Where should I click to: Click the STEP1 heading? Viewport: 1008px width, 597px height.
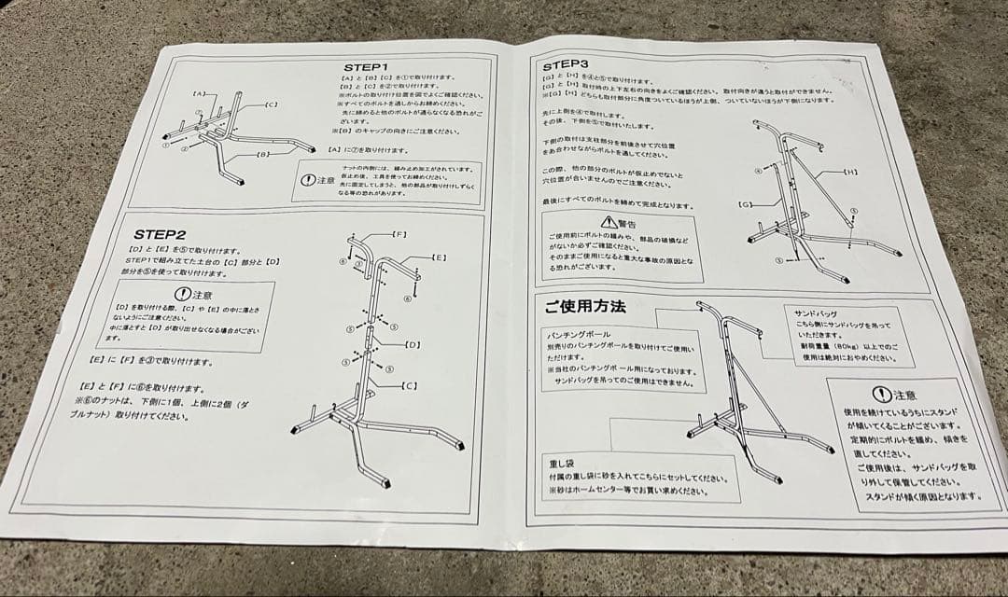click(365, 67)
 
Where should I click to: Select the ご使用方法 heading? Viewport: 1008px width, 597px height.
click(584, 306)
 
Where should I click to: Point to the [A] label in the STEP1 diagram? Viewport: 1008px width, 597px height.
click(199, 94)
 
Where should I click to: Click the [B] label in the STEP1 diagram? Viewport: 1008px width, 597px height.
click(263, 154)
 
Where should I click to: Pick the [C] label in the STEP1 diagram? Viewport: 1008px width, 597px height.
click(271, 104)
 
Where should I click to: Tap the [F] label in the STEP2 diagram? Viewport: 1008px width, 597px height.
click(399, 232)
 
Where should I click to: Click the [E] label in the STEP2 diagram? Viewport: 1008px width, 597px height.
click(438, 257)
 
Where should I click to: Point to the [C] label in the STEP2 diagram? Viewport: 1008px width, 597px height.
click(408, 384)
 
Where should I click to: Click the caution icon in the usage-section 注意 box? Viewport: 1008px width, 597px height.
click(881, 395)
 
